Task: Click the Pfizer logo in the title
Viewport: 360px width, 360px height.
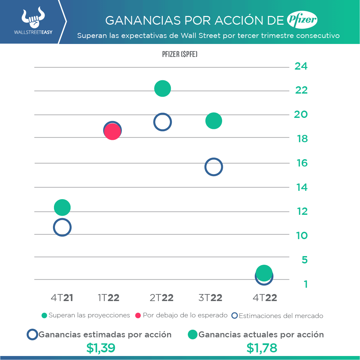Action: (x=302, y=21)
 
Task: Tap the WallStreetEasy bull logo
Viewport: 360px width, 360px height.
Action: (x=33, y=19)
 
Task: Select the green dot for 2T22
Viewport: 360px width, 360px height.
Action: (x=163, y=89)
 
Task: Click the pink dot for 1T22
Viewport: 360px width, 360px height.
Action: (x=113, y=132)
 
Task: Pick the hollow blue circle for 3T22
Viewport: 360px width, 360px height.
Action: (x=213, y=167)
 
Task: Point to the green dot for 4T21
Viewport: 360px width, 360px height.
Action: (x=62, y=207)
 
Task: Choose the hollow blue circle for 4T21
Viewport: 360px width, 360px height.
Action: (x=62, y=227)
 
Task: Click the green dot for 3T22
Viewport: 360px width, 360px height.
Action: (x=213, y=121)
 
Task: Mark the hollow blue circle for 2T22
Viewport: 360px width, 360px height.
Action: (x=163, y=122)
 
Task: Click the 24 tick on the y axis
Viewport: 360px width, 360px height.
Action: (x=301, y=66)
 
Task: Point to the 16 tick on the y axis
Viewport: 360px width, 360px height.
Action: (x=302, y=163)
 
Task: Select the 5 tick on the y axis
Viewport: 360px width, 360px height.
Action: (x=304, y=260)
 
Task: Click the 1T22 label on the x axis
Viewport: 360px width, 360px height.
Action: (x=109, y=298)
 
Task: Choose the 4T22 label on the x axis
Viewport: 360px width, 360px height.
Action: (x=265, y=298)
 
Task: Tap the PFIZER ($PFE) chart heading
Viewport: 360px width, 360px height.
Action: (x=180, y=54)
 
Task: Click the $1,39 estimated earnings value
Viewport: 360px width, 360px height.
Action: (x=101, y=348)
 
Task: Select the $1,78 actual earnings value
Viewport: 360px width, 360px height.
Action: (x=262, y=348)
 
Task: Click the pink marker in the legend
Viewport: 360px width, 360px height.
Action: (x=138, y=315)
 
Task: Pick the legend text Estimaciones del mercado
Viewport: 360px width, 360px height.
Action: (x=281, y=316)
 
